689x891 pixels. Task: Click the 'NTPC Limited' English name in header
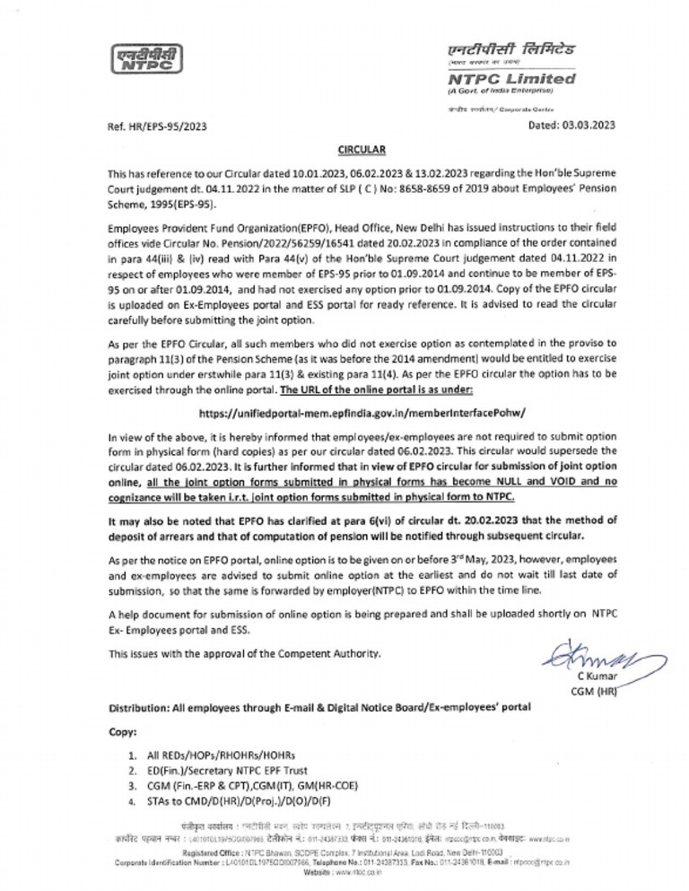[x=511, y=80]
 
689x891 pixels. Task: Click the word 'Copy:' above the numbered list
[x=122, y=732]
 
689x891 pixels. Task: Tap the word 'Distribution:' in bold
[x=144, y=707]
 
